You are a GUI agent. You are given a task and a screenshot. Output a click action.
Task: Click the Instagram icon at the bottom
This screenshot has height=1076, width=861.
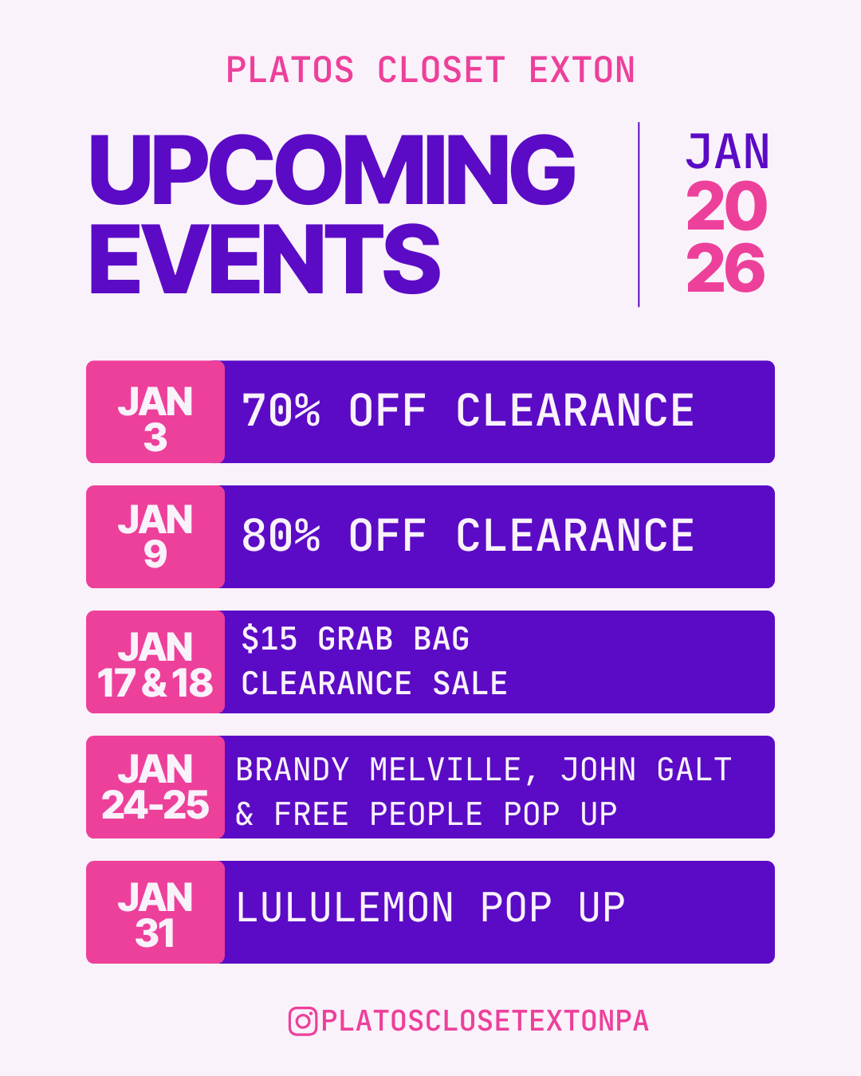coord(302,1021)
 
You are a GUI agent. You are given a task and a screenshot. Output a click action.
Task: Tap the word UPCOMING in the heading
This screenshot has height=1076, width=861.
coord(332,169)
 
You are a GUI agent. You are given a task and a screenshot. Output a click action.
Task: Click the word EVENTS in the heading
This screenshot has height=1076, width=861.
coord(265,259)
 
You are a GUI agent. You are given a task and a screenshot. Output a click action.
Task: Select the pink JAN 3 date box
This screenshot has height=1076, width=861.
coord(155,412)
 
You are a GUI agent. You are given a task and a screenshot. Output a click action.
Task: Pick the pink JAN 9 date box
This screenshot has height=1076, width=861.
coord(155,536)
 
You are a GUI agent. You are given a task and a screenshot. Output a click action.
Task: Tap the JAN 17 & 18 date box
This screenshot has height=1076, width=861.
coord(155,662)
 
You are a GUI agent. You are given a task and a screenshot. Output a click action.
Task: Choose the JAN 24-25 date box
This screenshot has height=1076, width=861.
coord(155,787)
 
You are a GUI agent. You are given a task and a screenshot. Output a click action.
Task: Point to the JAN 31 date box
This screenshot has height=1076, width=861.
coord(155,913)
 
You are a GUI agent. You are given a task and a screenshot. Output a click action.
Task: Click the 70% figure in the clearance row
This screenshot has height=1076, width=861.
coord(281,411)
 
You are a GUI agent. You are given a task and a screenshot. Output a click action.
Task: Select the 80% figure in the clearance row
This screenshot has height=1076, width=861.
coord(281,536)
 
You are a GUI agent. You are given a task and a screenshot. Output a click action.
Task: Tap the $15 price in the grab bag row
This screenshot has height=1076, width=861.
coord(269,639)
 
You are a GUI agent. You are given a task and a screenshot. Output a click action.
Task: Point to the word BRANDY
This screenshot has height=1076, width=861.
coord(293,770)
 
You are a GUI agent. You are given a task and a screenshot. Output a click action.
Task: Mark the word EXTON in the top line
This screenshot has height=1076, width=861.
coord(582,70)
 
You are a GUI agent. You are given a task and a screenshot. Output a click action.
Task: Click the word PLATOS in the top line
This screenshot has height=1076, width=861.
coord(290,70)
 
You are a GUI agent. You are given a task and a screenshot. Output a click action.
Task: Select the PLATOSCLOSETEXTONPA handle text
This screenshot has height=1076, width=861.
coord(485,1021)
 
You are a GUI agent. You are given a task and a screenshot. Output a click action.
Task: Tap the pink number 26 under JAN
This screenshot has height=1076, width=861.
coord(725,269)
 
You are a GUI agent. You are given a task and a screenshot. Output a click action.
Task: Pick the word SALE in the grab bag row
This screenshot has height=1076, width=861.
coord(470,684)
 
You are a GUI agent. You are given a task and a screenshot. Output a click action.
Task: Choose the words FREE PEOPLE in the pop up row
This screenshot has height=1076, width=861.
coord(379,815)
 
